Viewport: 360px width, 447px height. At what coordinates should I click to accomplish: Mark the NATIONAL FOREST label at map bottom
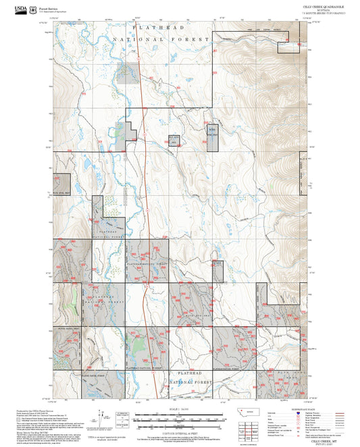[x=186, y=382]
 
